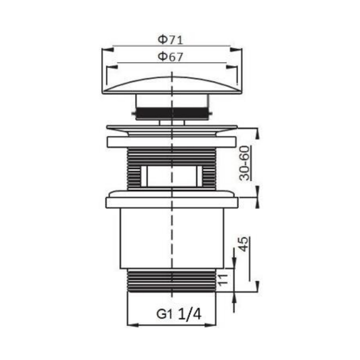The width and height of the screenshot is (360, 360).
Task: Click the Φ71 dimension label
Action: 170,40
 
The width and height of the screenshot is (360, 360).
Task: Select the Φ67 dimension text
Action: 170,57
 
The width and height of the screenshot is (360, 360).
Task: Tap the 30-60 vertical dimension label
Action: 244,163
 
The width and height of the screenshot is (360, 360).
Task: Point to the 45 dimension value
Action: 243,244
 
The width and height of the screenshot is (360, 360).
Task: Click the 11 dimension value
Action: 223,279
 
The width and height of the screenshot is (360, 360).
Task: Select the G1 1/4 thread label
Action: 179,314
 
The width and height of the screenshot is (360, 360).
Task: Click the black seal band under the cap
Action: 172,113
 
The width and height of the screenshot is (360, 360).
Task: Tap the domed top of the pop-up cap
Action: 172,85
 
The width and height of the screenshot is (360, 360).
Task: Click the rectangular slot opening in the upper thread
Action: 172,176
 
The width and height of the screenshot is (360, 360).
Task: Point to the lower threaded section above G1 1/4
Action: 172,280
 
